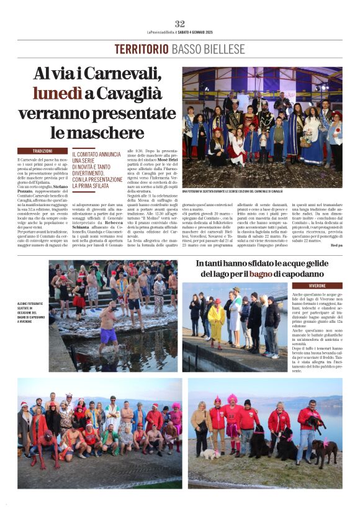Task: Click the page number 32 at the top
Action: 180,24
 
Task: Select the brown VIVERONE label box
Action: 317,286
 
